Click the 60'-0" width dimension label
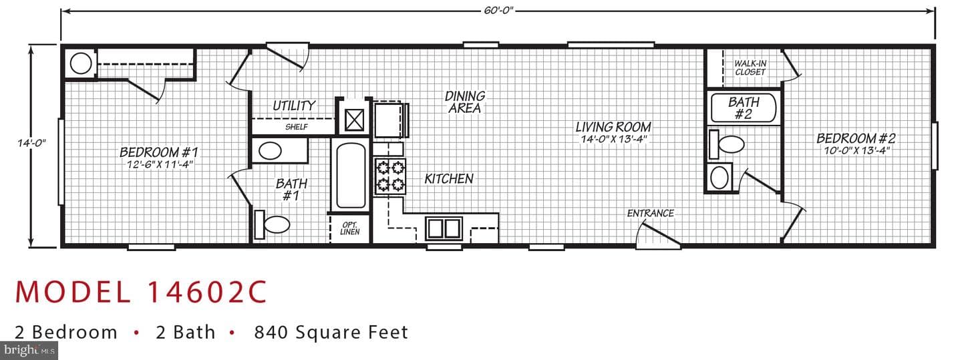(x=498, y=10)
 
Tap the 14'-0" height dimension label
(x=31, y=143)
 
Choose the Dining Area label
(x=465, y=102)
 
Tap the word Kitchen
(x=449, y=179)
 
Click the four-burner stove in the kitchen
(x=390, y=176)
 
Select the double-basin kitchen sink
(x=444, y=228)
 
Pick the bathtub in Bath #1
(x=351, y=176)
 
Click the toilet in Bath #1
(x=273, y=224)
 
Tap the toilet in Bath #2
(x=726, y=144)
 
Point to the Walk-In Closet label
(x=750, y=68)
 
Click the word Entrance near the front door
(x=650, y=214)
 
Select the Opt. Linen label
(x=349, y=228)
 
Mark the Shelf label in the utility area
(x=297, y=127)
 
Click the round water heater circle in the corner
(x=81, y=64)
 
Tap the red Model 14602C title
(x=142, y=292)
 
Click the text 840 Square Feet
(x=331, y=333)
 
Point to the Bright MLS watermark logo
(x=29, y=351)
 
